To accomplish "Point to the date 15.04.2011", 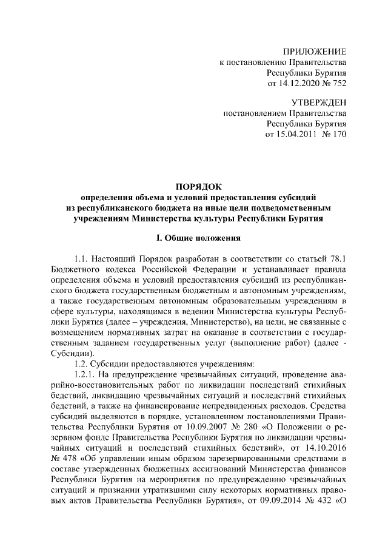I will point(287,133).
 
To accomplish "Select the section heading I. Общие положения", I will point(194,238).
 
